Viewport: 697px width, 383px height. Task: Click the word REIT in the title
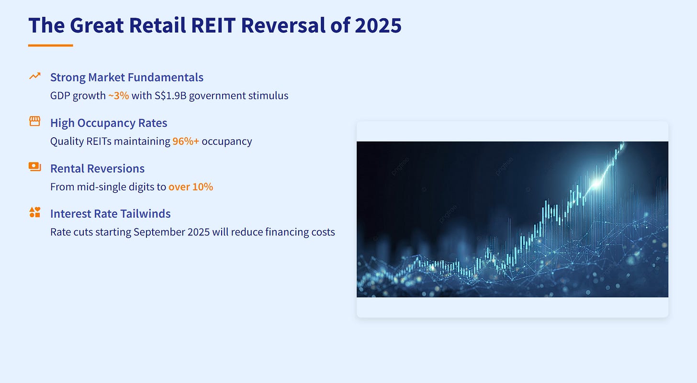213,25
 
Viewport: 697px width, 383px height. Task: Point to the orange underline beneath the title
50,45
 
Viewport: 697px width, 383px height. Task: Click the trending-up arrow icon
35,76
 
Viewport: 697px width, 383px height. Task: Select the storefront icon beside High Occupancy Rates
35,121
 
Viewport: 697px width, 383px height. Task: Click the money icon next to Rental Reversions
35,166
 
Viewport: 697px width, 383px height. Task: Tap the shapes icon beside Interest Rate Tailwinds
35,212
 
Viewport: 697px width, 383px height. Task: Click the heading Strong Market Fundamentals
127,77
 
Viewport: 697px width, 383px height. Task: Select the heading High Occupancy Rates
109,123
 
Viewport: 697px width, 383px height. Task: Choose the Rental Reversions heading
97,168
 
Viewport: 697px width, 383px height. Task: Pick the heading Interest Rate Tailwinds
111,214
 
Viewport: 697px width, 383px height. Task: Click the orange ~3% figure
119,96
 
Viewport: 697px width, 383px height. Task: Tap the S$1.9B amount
170,96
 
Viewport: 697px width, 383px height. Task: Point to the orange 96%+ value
186,141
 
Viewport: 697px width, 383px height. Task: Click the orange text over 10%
191,187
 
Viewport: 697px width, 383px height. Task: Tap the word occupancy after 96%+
227,142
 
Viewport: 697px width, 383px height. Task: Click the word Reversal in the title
283,25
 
